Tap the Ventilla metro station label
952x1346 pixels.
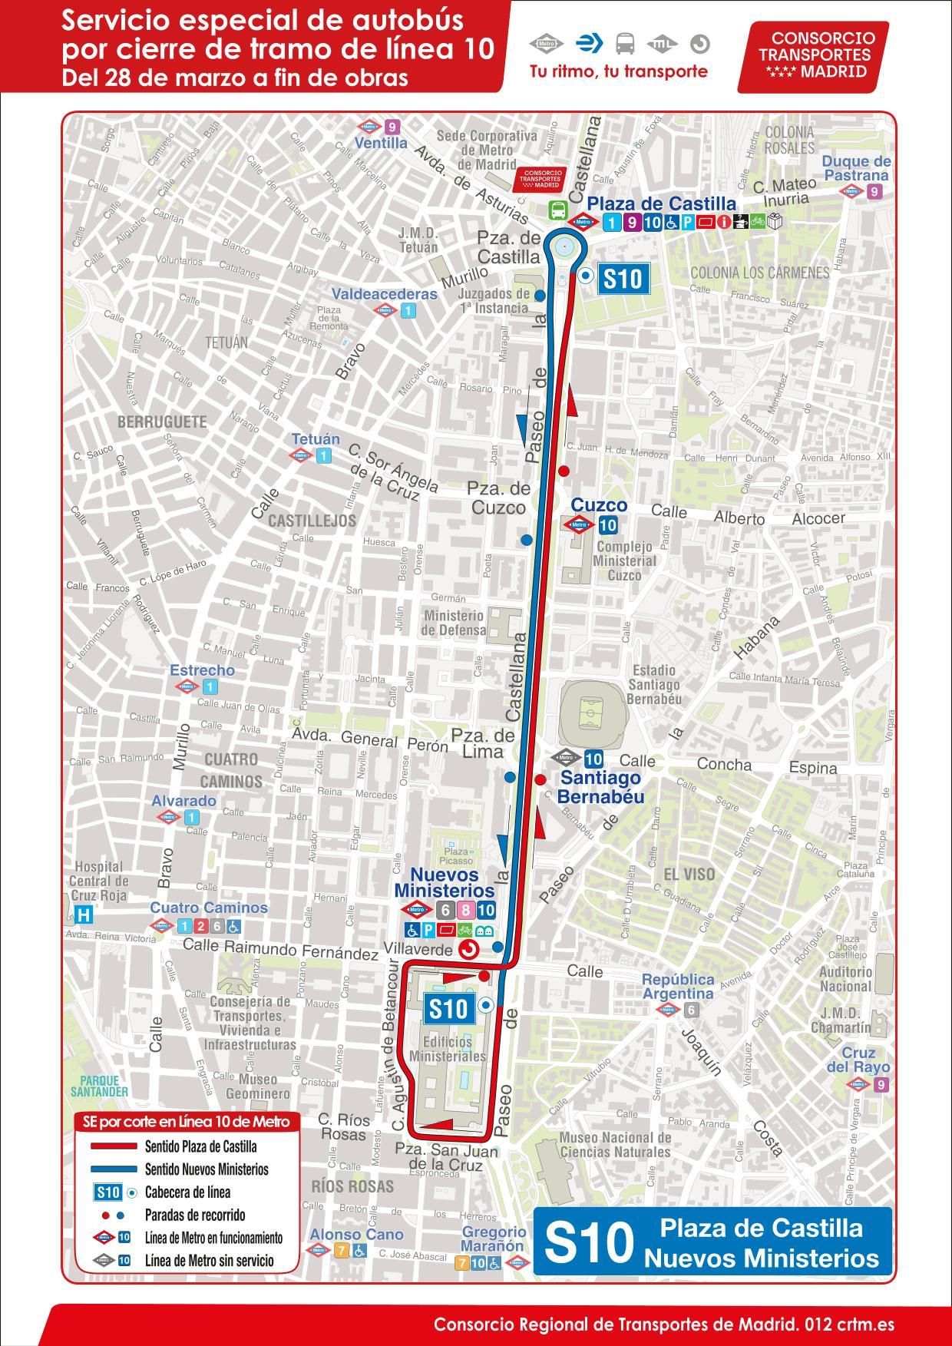click(381, 143)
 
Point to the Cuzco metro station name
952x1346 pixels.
click(599, 506)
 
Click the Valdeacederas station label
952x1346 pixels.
click(384, 294)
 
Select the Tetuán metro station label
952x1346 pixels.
click(315, 439)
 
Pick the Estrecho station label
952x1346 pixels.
click(202, 670)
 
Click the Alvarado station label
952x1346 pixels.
click(183, 801)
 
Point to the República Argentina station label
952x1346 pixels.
click(678, 987)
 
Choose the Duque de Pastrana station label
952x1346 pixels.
click(856, 168)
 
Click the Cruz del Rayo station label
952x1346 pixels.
click(858, 1060)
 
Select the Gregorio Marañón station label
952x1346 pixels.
click(492, 1239)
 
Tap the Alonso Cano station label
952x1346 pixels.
click(356, 1235)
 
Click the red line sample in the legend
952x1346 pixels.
click(111, 1147)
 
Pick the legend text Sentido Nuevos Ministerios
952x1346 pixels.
click(207, 1169)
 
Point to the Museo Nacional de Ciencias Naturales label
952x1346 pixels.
click(616, 1144)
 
